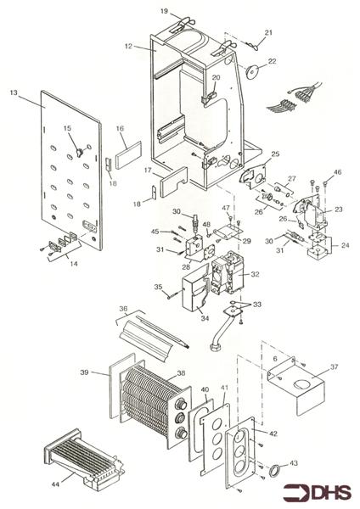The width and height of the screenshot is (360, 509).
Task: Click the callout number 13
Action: point(14,92)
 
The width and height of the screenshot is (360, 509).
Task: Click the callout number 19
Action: point(165,13)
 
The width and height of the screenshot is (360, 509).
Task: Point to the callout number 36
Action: point(123,309)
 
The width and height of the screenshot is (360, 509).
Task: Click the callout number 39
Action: point(84,372)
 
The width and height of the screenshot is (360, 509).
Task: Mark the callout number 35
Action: point(157,288)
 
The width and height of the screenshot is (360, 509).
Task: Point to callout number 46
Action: point(338,172)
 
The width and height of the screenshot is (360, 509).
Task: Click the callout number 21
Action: point(268,32)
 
